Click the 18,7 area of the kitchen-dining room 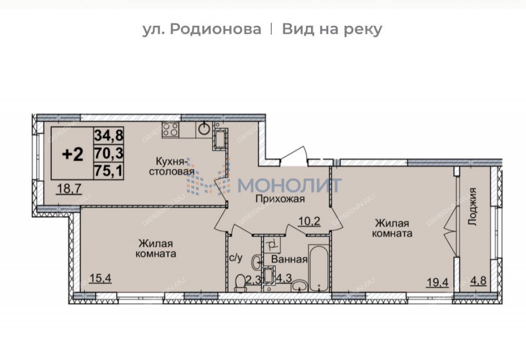(x=70, y=189)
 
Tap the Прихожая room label (x=280, y=199)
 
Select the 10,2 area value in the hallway (x=309, y=221)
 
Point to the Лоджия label (x=472, y=207)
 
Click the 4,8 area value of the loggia (x=478, y=281)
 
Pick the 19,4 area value (x=437, y=282)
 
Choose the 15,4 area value (x=100, y=279)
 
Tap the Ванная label (x=289, y=259)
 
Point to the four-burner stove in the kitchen (x=170, y=130)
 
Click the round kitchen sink (x=204, y=128)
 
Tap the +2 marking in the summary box (x=73, y=155)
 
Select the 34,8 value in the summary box (x=109, y=135)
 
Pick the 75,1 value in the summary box (x=109, y=171)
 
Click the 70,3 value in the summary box (x=109, y=153)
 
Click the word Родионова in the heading (x=215, y=29)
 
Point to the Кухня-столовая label (x=172, y=166)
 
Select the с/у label (x=235, y=258)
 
